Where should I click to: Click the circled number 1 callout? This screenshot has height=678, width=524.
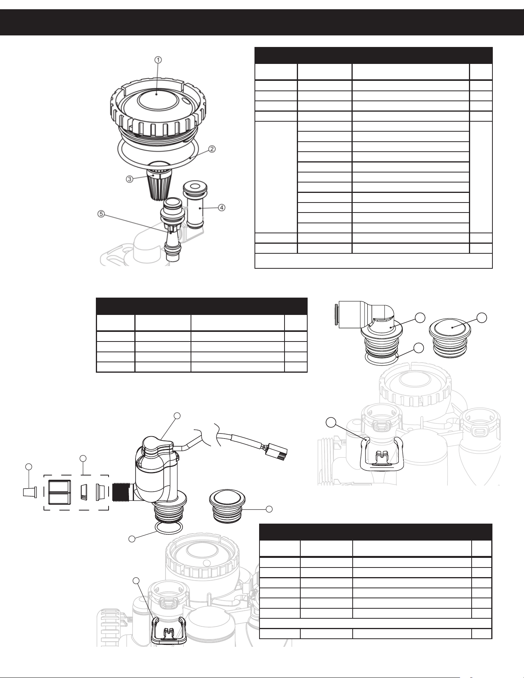coord(158,60)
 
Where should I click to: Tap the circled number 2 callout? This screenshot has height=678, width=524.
coord(212,149)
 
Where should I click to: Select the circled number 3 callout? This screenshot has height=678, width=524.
coord(130,179)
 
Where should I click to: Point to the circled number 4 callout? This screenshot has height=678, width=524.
coord(222,208)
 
